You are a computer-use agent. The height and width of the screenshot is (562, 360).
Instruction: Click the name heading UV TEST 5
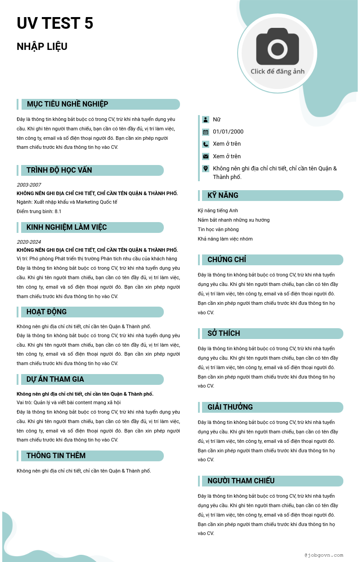coord(55,23)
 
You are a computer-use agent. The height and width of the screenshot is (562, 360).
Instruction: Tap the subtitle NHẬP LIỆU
coord(42,47)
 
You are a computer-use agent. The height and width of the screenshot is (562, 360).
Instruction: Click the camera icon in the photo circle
coord(278,46)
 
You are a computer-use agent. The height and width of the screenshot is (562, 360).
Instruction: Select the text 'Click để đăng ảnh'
coord(278,71)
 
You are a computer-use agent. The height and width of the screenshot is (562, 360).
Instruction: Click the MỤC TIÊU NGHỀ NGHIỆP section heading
coord(67,104)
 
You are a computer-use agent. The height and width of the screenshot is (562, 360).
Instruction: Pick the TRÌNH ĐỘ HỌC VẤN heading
coord(59,170)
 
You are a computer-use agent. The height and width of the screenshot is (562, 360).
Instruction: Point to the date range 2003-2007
coord(29,185)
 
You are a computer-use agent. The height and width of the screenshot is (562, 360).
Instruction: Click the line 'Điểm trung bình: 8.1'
coord(39,211)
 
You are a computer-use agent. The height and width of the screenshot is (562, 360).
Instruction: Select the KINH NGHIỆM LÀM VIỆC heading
coord(67,227)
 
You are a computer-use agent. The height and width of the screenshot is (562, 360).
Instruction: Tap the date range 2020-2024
coord(29,242)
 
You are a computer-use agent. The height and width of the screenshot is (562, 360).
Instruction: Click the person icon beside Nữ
coord(206,120)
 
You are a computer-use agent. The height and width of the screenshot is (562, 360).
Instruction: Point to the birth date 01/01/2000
coord(228,132)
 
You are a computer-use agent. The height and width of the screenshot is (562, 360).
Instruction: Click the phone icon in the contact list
coord(206,144)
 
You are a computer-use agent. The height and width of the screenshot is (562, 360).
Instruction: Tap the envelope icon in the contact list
coord(206,156)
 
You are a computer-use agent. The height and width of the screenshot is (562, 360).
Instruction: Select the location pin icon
coord(206,169)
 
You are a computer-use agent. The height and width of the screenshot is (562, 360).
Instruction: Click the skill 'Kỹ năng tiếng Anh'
coord(218,210)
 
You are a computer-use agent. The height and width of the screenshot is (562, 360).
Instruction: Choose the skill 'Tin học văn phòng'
coord(218,229)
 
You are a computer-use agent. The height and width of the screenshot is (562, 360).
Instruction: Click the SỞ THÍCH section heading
coord(224,334)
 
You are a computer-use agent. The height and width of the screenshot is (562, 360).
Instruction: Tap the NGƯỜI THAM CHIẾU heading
coord(241,481)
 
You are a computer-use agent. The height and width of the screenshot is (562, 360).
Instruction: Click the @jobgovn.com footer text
coord(324,555)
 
